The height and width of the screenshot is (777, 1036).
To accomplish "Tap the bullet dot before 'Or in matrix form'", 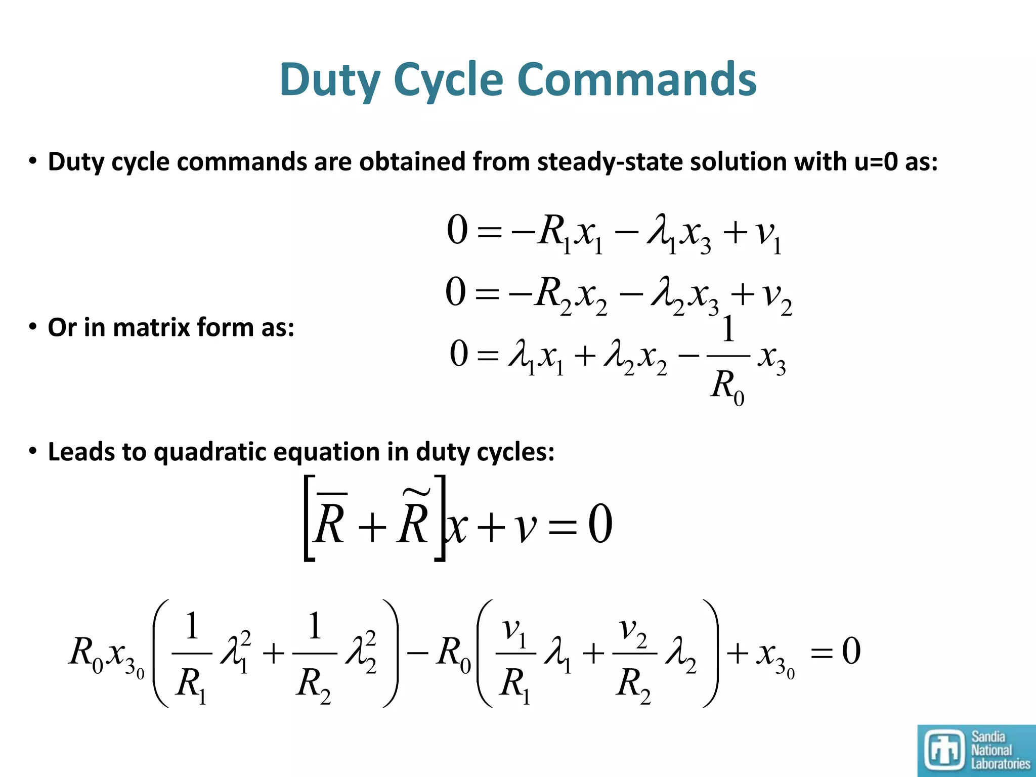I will coord(33,327).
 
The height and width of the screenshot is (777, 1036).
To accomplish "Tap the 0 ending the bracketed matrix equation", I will coord(600,525).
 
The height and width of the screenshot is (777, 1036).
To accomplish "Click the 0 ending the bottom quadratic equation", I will coord(851,652).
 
